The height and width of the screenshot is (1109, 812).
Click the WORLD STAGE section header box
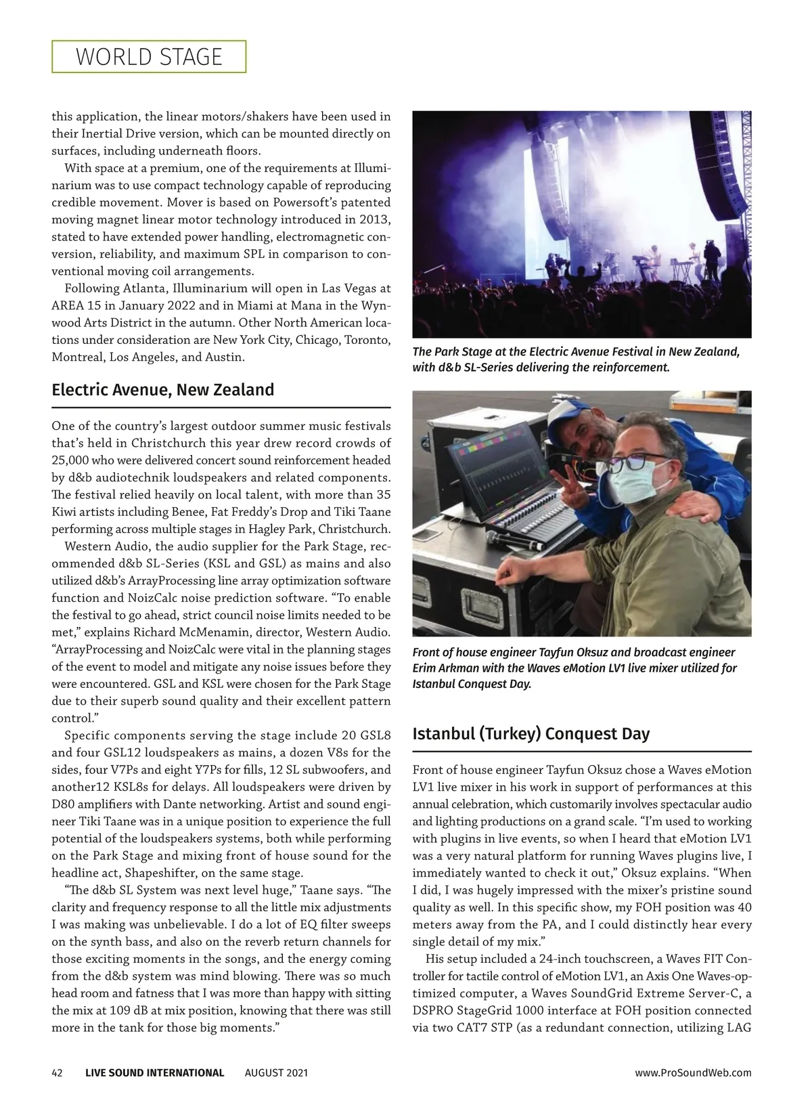tap(149, 56)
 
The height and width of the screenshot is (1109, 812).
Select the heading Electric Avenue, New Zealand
tap(163, 390)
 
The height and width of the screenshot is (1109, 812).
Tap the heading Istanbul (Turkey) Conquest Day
tap(531, 734)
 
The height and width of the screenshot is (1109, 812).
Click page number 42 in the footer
tap(58, 1072)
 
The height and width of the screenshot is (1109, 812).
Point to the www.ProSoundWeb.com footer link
tap(693, 1072)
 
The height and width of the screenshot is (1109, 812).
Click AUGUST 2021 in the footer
tap(276, 1072)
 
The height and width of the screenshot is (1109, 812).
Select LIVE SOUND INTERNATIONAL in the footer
tap(154, 1072)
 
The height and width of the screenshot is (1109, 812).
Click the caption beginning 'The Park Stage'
tap(576, 360)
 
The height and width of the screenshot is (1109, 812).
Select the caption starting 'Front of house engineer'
tap(574, 668)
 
